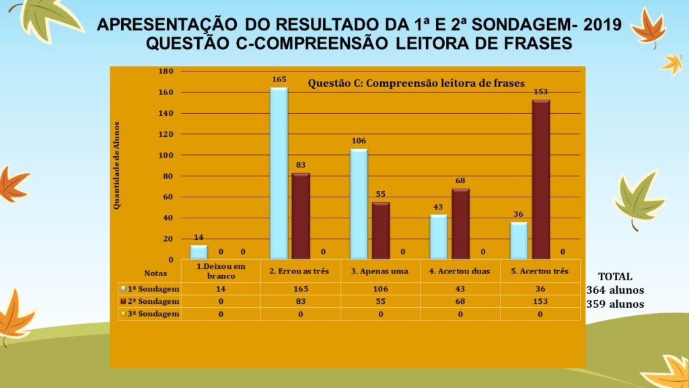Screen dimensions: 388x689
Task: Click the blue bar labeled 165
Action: (279, 173)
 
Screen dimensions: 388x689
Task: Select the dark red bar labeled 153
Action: (541, 179)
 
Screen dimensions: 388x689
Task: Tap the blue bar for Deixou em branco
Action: (198, 252)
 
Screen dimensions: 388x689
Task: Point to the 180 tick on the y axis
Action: (166, 71)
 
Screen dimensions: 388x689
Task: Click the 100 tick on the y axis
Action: (166, 155)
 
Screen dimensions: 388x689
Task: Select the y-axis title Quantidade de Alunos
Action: (116, 165)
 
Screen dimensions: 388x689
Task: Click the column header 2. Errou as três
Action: (299, 271)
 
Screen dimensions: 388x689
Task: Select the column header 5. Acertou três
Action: (541, 271)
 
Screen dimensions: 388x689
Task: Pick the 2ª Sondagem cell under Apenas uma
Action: (380, 300)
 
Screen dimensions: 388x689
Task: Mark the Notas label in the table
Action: (155, 273)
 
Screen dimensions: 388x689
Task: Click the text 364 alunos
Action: (616, 290)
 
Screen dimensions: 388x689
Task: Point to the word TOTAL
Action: (615, 276)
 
